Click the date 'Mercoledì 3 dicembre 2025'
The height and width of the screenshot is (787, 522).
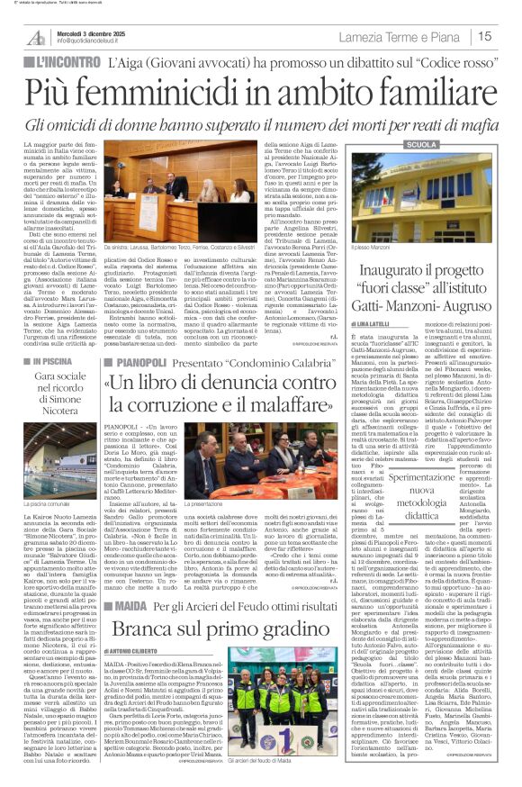[91, 32]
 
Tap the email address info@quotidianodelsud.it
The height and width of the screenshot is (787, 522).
[95, 42]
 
